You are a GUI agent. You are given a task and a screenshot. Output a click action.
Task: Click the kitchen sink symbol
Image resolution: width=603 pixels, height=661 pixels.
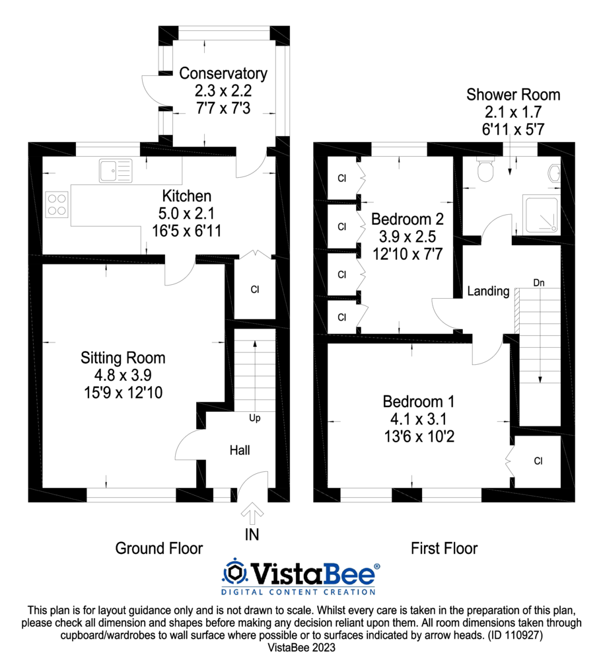(115, 171)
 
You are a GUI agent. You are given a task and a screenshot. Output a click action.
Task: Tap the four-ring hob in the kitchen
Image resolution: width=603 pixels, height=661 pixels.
(57, 204)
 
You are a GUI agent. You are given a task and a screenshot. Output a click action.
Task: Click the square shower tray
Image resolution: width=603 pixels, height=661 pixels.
(542, 214)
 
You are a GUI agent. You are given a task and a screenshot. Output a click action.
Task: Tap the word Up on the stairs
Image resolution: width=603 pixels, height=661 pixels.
(254, 418)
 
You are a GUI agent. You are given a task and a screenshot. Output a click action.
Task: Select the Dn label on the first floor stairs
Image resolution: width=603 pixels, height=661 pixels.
(539, 283)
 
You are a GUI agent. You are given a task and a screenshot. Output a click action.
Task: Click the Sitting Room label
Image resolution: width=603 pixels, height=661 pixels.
(123, 358)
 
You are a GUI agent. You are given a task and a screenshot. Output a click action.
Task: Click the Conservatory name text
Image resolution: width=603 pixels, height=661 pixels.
(223, 73)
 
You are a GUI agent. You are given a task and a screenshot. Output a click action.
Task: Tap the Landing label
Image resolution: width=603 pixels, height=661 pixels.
(488, 292)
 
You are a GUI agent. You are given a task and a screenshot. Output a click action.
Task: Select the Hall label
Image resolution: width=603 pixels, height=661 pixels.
(240, 450)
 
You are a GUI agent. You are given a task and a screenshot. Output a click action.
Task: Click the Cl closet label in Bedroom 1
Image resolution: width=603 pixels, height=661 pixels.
(538, 461)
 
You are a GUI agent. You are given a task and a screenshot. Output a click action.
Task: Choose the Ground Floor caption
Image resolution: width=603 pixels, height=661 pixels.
(159, 548)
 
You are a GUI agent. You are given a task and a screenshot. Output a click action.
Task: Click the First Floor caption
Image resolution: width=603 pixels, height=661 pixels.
(444, 548)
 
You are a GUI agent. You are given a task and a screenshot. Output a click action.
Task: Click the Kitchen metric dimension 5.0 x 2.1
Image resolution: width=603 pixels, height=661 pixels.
(187, 213)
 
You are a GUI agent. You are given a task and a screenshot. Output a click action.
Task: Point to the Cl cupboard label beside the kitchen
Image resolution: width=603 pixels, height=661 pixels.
(254, 290)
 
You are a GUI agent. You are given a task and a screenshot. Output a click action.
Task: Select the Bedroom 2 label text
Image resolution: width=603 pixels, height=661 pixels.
(408, 219)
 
